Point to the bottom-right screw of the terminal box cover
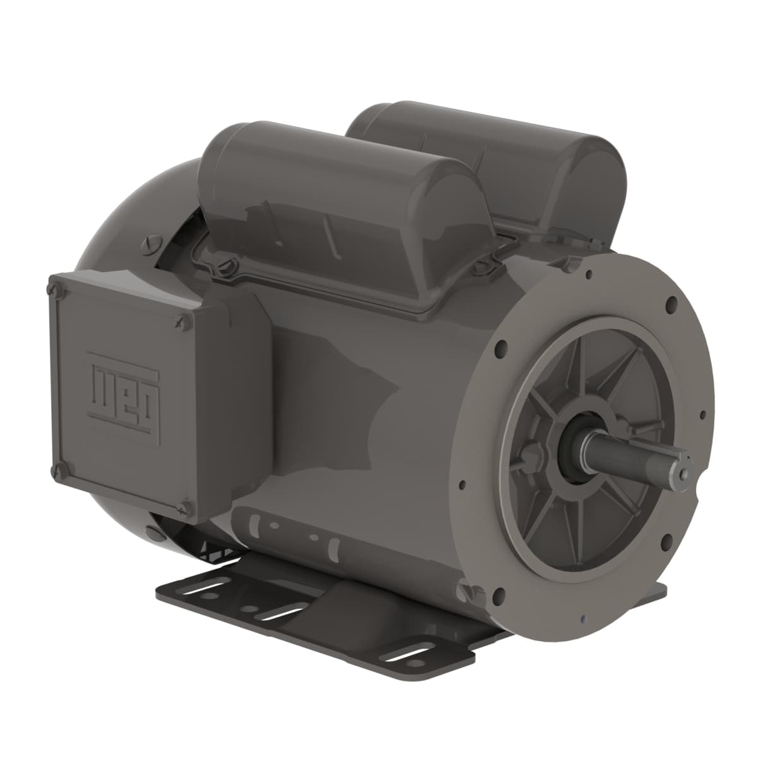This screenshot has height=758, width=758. [186, 505]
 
